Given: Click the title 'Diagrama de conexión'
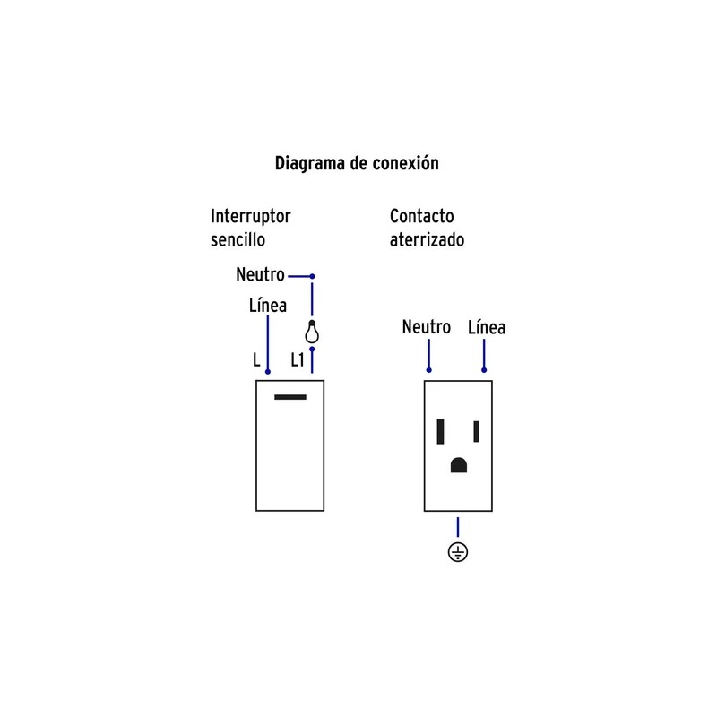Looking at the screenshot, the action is point(356,164).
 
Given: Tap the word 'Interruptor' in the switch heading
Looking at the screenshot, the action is point(251,216).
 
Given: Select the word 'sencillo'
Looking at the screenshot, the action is point(238,240).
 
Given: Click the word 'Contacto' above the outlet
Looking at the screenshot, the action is point(421,216).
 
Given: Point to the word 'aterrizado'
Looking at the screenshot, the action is point(427,240).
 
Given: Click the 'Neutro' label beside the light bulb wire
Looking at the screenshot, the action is point(260,275).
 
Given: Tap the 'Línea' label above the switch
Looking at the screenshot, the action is point(267,306).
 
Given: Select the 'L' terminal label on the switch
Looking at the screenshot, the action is point(256,361).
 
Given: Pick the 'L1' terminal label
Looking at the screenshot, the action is point(298,361).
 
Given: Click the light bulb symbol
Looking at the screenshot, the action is point(312,333).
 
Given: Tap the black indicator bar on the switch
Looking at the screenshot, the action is point(290,397).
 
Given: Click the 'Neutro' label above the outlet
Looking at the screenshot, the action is point(426,327).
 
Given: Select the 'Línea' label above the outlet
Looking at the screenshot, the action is point(487,327).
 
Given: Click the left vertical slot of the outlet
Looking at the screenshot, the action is point(441,432).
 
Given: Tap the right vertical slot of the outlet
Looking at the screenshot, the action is point(477,432).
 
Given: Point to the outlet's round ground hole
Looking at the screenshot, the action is point(459,466).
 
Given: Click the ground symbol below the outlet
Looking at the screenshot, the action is point(458,551).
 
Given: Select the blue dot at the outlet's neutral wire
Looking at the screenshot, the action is point(428,369).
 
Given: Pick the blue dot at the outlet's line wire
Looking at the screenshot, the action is point(484,369).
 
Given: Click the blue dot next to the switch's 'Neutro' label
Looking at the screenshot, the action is point(312,276).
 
